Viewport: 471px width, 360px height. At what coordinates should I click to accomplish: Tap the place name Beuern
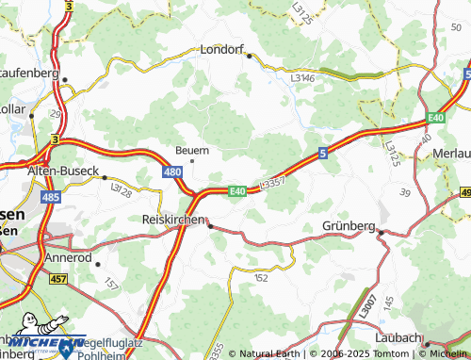[192, 150]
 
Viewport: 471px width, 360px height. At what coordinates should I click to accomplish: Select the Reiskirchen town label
[169, 218]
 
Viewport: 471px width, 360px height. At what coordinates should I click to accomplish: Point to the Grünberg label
[349, 226]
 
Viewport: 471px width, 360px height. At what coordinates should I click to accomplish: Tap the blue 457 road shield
[57, 278]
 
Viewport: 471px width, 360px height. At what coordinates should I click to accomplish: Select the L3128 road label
[120, 189]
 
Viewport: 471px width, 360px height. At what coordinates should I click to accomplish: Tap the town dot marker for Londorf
[250, 56]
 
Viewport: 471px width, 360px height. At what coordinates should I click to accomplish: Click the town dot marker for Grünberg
[382, 232]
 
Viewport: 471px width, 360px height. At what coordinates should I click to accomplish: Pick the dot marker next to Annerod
[97, 264]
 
